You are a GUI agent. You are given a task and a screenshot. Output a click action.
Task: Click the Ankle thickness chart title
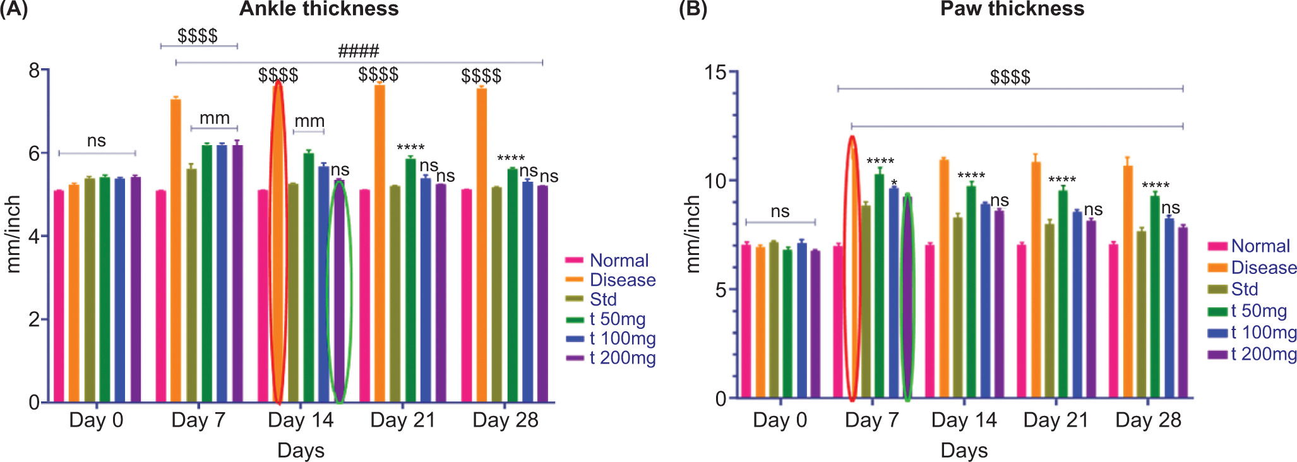point(319,9)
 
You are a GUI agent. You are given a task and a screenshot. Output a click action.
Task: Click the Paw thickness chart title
point(1012,9)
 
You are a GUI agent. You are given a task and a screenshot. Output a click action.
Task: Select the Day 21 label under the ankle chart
point(403,420)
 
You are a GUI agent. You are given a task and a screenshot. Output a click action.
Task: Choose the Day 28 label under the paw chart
point(1148,420)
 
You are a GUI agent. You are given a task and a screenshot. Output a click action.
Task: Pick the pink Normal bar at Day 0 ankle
point(59,297)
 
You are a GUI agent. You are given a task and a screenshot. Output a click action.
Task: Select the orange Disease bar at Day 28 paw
point(1128,284)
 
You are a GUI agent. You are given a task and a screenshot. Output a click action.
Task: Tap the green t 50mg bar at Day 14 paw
point(971,290)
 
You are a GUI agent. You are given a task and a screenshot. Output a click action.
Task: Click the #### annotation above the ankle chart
point(359,51)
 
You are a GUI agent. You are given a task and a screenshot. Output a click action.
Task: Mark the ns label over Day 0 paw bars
point(780,211)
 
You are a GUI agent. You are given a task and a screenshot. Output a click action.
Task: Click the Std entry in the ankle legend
point(602,299)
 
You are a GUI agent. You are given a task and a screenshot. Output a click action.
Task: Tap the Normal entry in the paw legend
point(1260,246)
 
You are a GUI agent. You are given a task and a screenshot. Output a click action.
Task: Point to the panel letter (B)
point(693,10)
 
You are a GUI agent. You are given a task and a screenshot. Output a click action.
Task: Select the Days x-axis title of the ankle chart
point(301,451)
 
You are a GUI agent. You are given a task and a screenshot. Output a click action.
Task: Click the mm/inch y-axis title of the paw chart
point(693,234)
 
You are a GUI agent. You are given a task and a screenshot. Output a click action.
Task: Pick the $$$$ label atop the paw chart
point(1010,78)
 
